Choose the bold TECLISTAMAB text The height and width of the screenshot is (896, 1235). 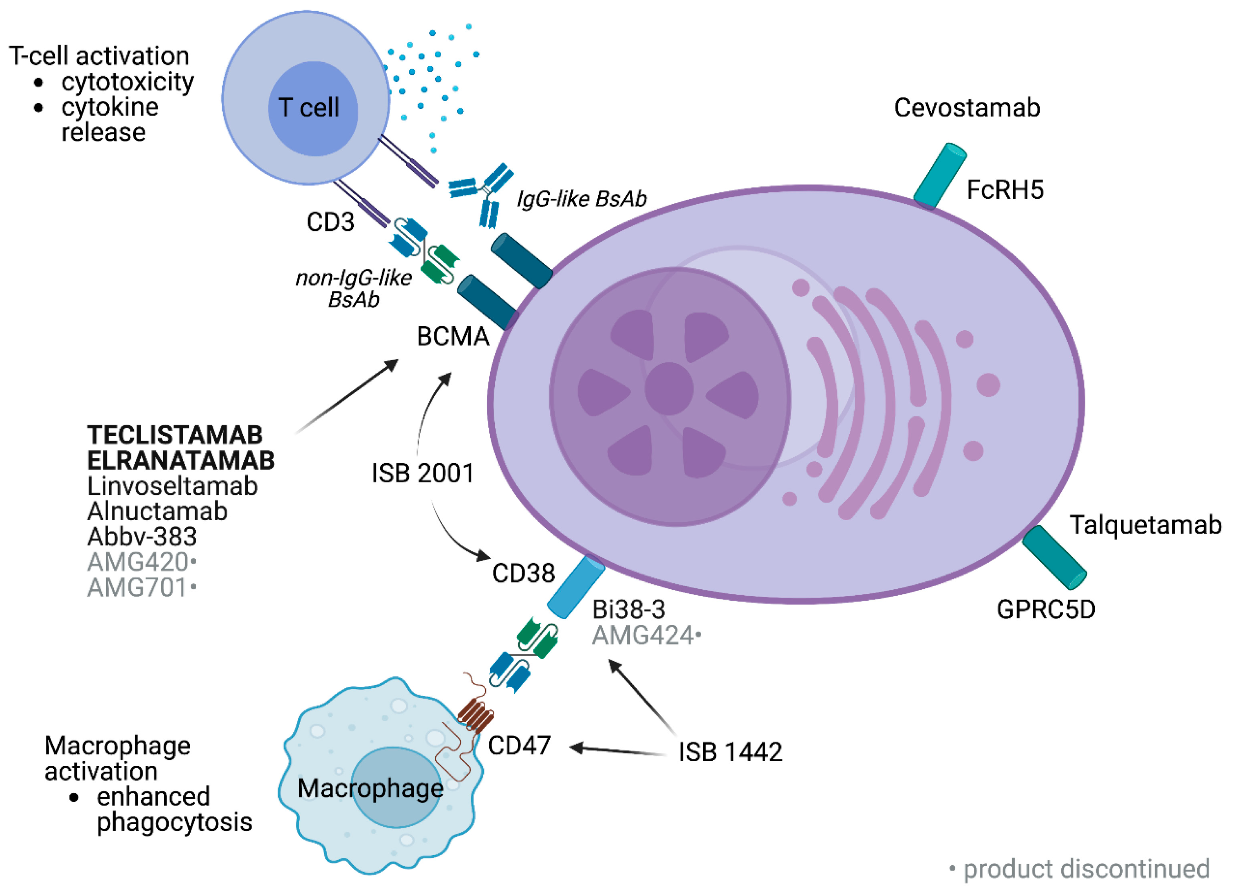[175, 435]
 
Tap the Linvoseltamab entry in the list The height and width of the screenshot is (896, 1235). [172, 486]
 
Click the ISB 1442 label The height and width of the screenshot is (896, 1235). [730, 752]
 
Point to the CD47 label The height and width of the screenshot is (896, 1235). [519, 746]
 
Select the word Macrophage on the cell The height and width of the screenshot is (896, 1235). [370, 788]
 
